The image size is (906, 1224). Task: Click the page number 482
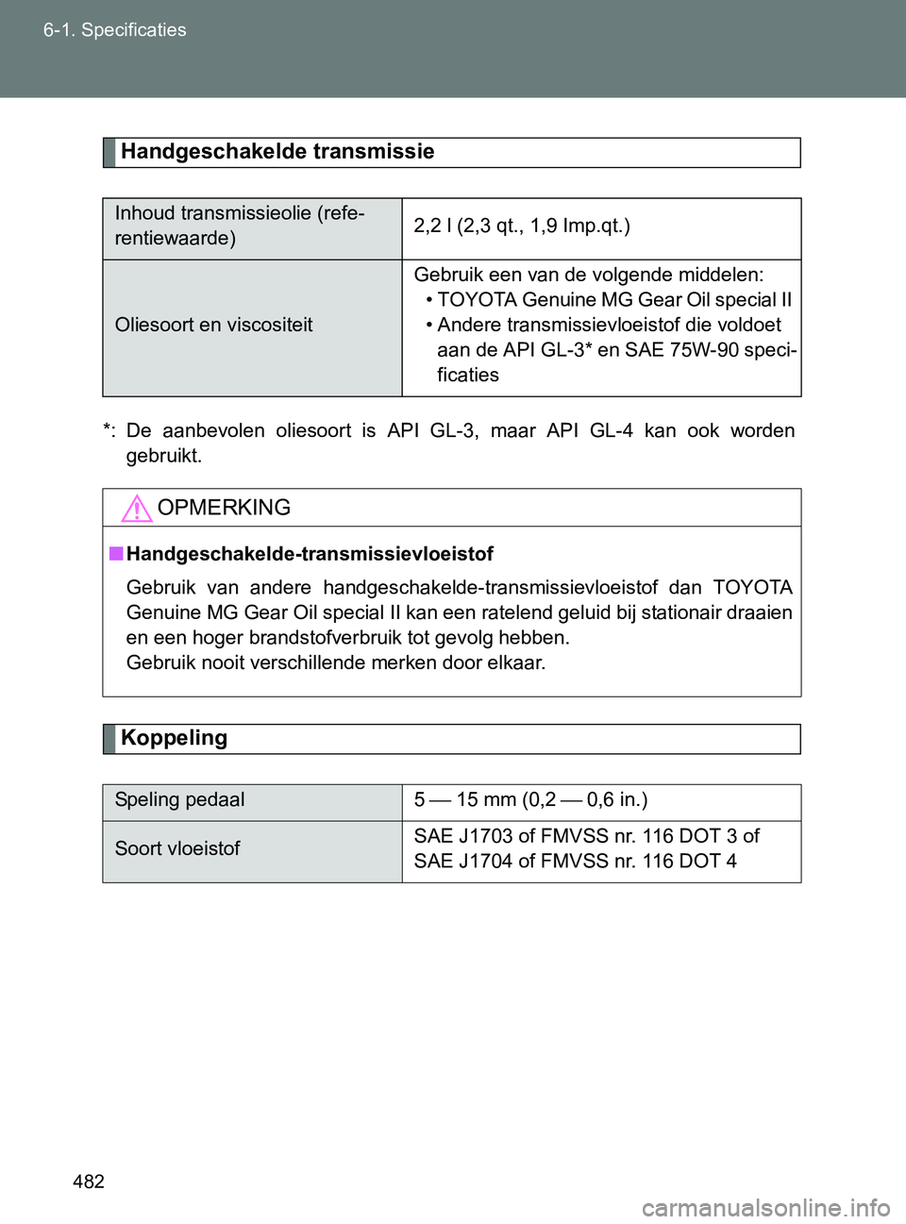pyautogui.click(x=88, y=1182)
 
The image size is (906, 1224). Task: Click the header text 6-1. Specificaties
pyautogui.click(x=114, y=30)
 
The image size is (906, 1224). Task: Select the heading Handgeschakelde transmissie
pyautogui.click(x=277, y=152)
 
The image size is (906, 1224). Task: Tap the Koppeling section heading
pyautogui.click(x=175, y=738)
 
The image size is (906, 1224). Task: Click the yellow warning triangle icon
pyautogui.click(x=137, y=509)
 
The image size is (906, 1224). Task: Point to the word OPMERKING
pyautogui.click(x=224, y=508)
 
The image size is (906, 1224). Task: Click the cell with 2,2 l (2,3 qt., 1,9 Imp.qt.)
pyautogui.click(x=522, y=226)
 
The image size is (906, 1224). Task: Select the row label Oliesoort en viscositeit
pyautogui.click(x=214, y=325)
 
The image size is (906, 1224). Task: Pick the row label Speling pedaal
pyautogui.click(x=179, y=800)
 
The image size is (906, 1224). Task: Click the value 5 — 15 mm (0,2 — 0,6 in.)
pyautogui.click(x=530, y=800)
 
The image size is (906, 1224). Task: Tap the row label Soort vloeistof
pyautogui.click(x=177, y=848)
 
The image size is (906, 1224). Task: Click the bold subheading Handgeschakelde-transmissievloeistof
pyautogui.click(x=310, y=554)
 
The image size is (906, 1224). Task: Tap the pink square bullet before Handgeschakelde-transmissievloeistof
pyautogui.click(x=115, y=554)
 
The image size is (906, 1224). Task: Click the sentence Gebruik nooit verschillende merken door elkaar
pyautogui.click(x=336, y=662)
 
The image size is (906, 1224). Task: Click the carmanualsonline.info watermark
pyautogui.click(x=765, y=1207)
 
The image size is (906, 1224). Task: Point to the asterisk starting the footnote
pyautogui.click(x=107, y=429)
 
